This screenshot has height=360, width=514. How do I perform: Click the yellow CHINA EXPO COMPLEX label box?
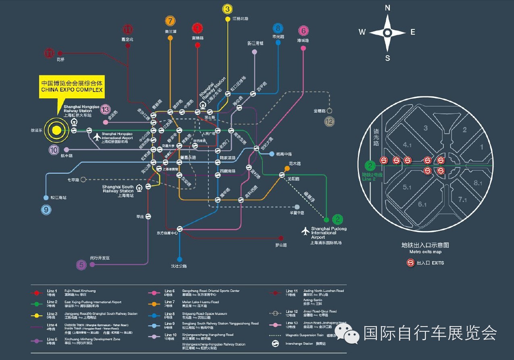[72, 87]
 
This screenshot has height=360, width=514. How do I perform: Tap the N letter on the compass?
[387, 8]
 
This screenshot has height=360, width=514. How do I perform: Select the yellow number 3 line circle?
[227, 9]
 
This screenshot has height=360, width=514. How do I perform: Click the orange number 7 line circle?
[170, 21]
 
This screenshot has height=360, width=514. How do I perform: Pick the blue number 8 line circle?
[278, 28]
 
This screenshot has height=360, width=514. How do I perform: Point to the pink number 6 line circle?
[304, 31]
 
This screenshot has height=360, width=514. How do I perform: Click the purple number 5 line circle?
[82, 265]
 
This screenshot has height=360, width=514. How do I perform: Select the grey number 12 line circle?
[330, 121]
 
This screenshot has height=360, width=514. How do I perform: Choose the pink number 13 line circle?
[105, 109]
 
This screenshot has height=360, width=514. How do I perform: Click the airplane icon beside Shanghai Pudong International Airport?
[306, 231]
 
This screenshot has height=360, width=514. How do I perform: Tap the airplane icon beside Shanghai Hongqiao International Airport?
[97, 137]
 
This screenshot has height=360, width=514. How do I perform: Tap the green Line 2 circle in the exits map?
[370, 165]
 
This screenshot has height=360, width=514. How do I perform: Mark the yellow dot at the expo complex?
[56, 130]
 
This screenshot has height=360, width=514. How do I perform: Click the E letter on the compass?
[412, 32]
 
